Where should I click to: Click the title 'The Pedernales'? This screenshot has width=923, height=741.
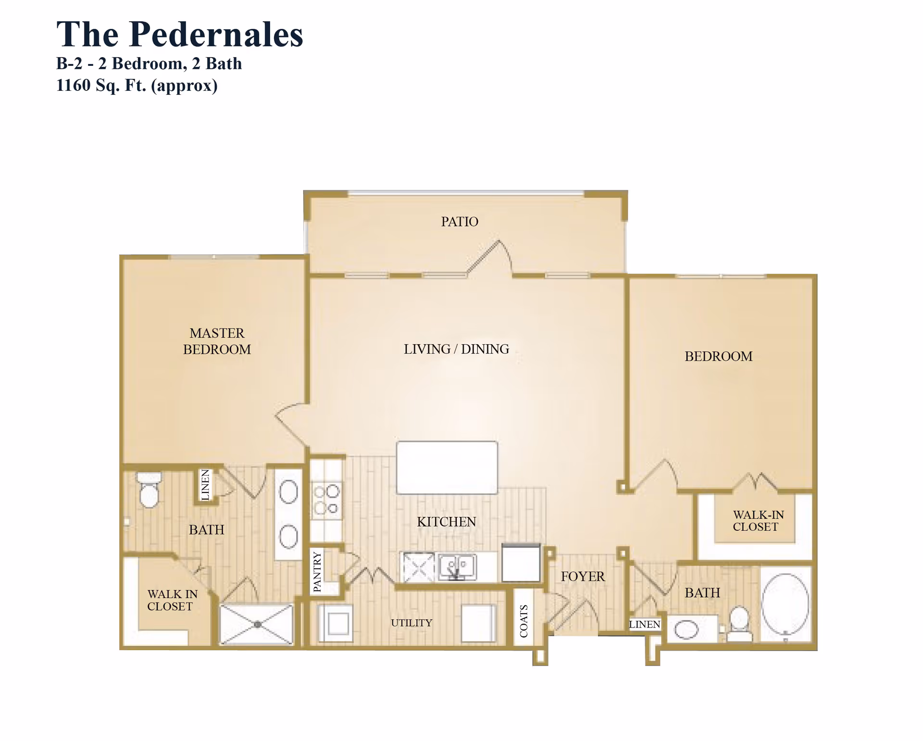tap(179, 35)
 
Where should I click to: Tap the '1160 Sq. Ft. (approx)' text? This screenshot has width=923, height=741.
tap(137, 86)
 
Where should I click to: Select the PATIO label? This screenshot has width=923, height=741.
tap(460, 222)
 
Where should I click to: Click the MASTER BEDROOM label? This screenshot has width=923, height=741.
tap(217, 341)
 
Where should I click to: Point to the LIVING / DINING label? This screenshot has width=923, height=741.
tap(456, 349)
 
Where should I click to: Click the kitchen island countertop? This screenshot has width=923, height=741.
tap(447, 467)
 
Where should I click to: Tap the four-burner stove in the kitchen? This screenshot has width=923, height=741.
tap(326, 500)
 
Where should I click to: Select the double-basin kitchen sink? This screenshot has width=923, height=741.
tap(457, 566)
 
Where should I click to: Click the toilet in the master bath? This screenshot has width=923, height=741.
tap(149, 490)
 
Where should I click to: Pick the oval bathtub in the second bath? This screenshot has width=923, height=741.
tap(785, 603)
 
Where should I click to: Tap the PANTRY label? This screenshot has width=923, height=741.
tap(317, 571)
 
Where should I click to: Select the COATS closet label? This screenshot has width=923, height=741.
tap(524, 621)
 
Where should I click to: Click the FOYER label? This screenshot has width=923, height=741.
tap(583, 576)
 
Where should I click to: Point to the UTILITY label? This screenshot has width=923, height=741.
tap(412, 623)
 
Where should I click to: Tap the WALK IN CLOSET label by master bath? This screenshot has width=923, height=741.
tap(172, 600)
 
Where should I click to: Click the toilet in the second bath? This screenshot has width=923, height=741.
tap(739, 623)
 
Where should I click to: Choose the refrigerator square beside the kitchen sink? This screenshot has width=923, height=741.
tap(521, 563)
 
